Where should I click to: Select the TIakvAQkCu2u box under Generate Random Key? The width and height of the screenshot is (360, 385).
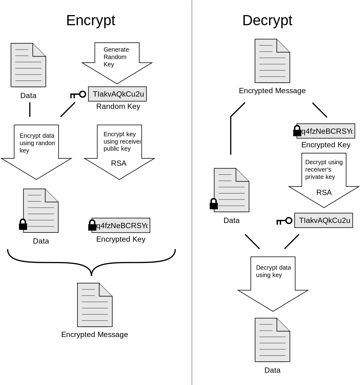(117, 94)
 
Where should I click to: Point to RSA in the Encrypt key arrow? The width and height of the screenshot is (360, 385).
(119, 163)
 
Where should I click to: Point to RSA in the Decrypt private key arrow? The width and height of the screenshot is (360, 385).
(324, 193)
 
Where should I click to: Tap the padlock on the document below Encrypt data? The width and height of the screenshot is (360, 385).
(23, 224)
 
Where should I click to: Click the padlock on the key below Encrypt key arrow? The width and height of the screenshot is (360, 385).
(93, 225)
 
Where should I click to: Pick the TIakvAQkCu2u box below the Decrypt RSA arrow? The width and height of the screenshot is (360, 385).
(324, 220)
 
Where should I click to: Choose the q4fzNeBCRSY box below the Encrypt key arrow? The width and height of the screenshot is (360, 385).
(121, 225)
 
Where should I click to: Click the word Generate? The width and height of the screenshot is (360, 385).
(116, 50)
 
